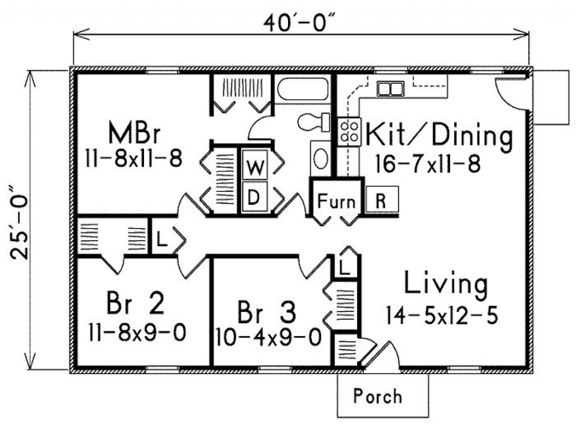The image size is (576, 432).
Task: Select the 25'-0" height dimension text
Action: pos(20,220)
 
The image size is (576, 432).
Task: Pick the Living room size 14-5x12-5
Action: pos(441,315)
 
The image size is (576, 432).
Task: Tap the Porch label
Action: pos(378,396)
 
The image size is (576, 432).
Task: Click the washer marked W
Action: pos(255,168)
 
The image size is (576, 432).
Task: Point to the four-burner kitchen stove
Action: pos(349,131)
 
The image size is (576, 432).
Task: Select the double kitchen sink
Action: pos(390,89)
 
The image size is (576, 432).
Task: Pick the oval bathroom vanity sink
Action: pos(320,157)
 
